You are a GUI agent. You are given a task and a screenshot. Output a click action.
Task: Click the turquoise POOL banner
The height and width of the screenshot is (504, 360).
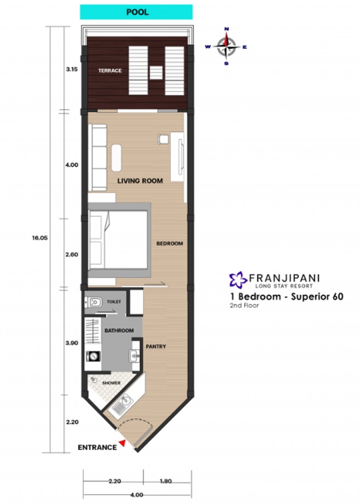pyautogui.click(x=136, y=12)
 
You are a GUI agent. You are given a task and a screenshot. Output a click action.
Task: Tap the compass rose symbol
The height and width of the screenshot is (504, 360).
pyautogui.click(x=227, y=47)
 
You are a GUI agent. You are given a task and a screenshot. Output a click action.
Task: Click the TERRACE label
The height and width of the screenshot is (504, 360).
pyautogui.click(x=110, y=71)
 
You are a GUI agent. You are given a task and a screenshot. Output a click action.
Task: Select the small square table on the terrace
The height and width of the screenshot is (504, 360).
pyautogui.click(x=156, y=72)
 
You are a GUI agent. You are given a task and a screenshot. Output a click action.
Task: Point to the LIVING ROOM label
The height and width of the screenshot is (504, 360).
pyautogui.click(x=140, y=181)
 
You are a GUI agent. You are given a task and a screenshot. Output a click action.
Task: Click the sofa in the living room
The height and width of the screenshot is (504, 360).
pyautogui.click(x=98, y=157)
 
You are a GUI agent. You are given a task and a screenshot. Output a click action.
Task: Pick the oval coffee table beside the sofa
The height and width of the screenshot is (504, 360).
pyautogui.click(x=116, y=158)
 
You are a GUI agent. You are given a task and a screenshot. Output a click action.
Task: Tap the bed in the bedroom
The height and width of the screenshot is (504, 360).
pyautogui.click(x=119, y=240)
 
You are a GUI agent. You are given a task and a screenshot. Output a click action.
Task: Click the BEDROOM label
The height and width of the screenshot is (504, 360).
pyautogui.click(x=170, y=243)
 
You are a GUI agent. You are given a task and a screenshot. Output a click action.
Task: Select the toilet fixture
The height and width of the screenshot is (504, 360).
pyautogui.click(x=94, y=302)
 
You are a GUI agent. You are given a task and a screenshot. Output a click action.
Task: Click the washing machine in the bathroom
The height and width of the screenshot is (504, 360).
pyautogui.click(x=93, y=356)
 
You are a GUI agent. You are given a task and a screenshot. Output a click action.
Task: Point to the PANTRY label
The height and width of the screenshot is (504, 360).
pyautogui.click(x=156, y=347)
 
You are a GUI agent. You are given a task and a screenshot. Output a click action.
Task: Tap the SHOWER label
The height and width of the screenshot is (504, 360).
pyautogui.click(x=111, y=383)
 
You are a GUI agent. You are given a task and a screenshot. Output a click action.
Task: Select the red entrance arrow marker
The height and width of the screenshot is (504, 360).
pyautogui.click(x=122, y=443)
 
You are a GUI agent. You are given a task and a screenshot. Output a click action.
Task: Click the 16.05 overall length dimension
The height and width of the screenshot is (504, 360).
pyautogui.click(x=40, y=238)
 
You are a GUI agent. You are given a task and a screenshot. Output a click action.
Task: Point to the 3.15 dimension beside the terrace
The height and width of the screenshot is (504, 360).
pyautogui.click(x=72, y=69)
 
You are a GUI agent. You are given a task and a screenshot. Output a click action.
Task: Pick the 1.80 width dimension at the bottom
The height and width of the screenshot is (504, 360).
pyautogui.click(x=165, y=481)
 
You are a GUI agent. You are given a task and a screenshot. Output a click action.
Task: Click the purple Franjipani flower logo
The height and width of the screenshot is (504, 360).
pyautogui.click(x=238, y=279)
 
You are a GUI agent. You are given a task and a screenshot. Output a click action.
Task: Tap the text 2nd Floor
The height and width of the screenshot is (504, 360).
pyautogui.click(x=244, y=305)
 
